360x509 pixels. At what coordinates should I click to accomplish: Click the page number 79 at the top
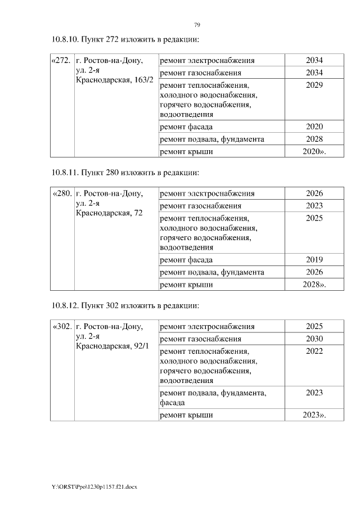(197, 25)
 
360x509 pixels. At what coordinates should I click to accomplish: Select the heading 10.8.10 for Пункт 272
(126, 39)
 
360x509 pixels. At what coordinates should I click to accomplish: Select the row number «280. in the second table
(61, 193)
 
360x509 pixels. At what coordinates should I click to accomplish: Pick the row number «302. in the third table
(61, 327)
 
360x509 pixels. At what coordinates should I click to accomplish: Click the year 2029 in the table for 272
(314, 85)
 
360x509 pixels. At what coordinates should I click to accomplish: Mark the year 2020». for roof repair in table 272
(314, 151)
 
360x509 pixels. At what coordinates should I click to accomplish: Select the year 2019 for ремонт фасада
(314, 260)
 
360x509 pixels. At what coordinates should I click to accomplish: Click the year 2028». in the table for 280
(314, 285)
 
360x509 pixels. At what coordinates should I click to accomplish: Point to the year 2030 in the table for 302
(314, 339)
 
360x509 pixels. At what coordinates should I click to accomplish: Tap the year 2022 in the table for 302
(314, 351)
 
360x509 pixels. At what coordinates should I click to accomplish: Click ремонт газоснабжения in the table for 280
(201, 206)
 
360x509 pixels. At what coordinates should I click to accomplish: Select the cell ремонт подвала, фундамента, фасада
(213, 398)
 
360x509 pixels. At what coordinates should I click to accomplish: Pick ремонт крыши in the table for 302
(186, 416)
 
